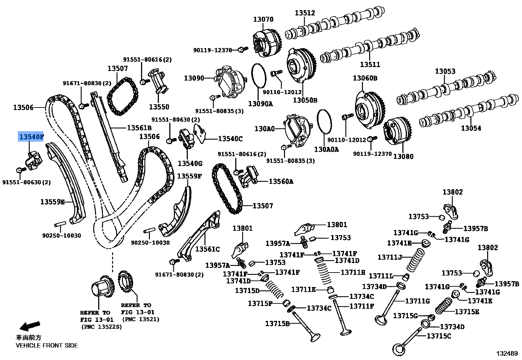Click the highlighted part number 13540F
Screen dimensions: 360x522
point(31,136)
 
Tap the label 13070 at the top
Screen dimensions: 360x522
point(263,19)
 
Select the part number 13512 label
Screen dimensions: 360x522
point(305,13)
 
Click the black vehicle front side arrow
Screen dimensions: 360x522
point(30,326)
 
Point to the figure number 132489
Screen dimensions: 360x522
point(507,353)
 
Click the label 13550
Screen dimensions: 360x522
point(159,107)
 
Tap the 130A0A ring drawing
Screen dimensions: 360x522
point(324,122)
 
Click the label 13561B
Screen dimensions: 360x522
point(139,128)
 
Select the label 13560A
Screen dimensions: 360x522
point(281,181)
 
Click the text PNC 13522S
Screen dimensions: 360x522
point(102,327)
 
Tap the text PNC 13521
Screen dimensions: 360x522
point(140,319)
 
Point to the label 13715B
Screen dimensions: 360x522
point(277,324)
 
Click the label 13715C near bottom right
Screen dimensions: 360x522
point(439,336)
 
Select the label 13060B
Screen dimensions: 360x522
point(365,78)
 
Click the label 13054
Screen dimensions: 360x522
point(471,128)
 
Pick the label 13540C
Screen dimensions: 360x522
point(230,139)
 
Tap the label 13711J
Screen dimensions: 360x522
point(390,257)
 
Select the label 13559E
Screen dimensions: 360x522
point(53,202)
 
